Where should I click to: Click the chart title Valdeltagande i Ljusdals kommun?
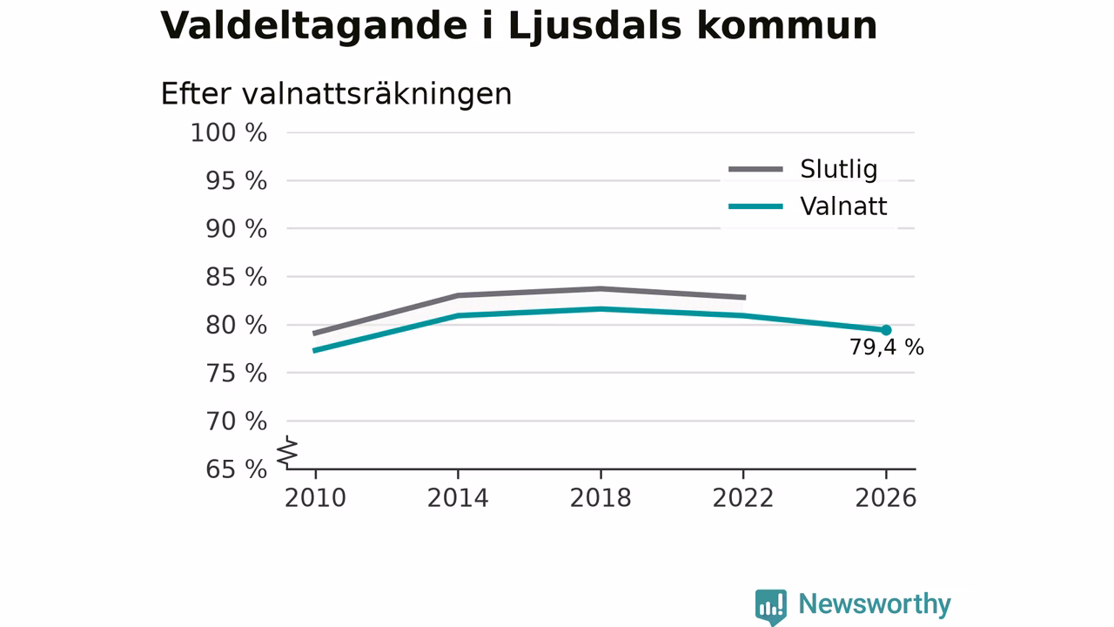click(x=519, y=26)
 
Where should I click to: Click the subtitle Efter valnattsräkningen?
click(x=336, y=94)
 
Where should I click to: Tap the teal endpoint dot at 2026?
click(x=886, y=330)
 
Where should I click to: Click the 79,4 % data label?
click(x=887, y=347)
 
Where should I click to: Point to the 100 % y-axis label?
click(x=229, y=133)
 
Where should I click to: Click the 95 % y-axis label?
click(x=236, y=181)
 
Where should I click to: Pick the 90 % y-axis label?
click(x=236, y=229)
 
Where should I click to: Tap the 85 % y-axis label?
click(x=236, y=277)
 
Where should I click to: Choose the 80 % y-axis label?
click(x=236, y=326)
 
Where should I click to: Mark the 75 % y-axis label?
click(x=236, y=374)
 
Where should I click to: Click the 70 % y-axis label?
click(x=236, y=421)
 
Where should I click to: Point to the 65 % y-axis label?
click(x=236, y=469)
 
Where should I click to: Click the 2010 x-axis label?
click(x=315, y=498)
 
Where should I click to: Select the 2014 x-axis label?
click(x=458, y=498)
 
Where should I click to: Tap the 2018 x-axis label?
click(x=601, y=498)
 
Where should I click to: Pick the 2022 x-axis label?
click(x=743, y=498)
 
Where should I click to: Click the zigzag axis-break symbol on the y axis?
click(x=287, y=452)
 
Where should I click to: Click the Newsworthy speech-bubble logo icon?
click(x=771, y=607)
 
